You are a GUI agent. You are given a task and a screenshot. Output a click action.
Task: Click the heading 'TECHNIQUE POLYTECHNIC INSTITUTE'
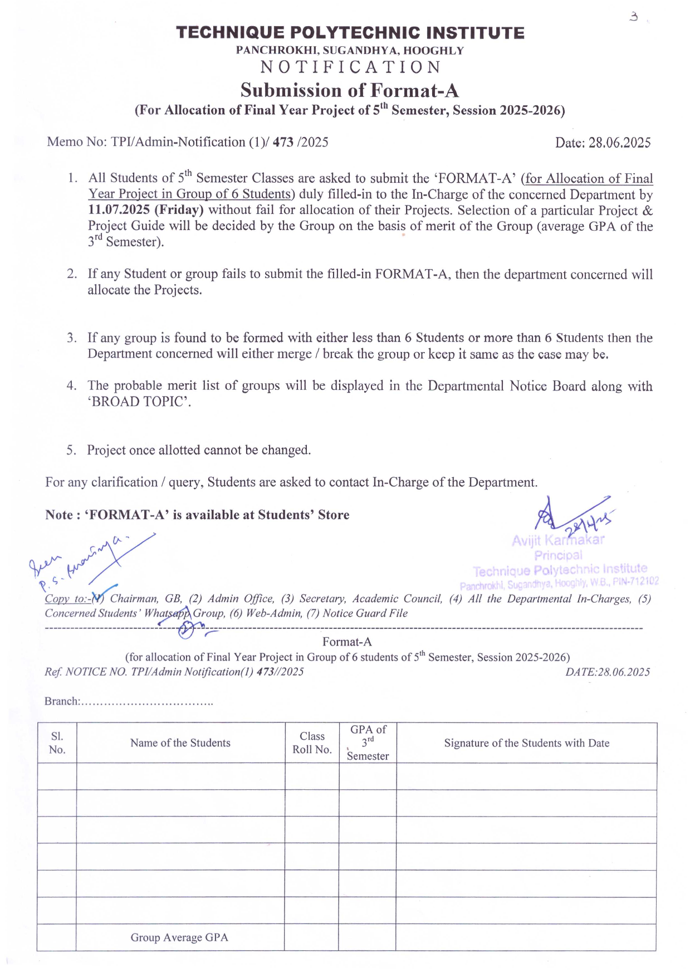pos(350,33)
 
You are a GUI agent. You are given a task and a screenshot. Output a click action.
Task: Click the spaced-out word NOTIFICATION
pos(351,67)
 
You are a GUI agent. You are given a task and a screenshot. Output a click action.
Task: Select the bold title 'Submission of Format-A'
pos(349,90)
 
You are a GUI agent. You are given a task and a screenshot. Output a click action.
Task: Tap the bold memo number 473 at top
pos(283,142)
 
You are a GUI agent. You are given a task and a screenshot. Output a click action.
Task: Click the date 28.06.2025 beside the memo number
pos(619,143)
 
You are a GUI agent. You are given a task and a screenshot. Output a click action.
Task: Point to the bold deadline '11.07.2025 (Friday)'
pos(146,210)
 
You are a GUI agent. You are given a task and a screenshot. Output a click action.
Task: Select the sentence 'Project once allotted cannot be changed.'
pos(199,450)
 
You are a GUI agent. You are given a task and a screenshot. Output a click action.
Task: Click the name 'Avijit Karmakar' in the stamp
pos(558,540)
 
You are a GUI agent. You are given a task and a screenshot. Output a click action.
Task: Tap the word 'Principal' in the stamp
pos(558,555)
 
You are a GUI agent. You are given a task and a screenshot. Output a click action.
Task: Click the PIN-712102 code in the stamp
pos(637,582)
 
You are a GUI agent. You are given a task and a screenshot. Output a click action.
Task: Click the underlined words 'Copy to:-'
pos(66,599)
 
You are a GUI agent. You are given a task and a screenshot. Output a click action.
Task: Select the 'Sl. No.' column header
pos(57,743)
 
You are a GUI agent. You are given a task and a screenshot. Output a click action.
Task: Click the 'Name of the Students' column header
pos(180,743)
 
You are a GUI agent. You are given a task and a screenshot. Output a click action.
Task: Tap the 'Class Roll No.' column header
pos(312,743)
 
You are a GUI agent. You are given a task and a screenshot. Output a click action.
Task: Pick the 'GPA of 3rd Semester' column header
pos(368,743)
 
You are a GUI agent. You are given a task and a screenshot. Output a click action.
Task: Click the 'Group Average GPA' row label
pos(179,937)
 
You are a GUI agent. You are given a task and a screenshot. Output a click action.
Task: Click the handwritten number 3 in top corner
pos(633,17)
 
